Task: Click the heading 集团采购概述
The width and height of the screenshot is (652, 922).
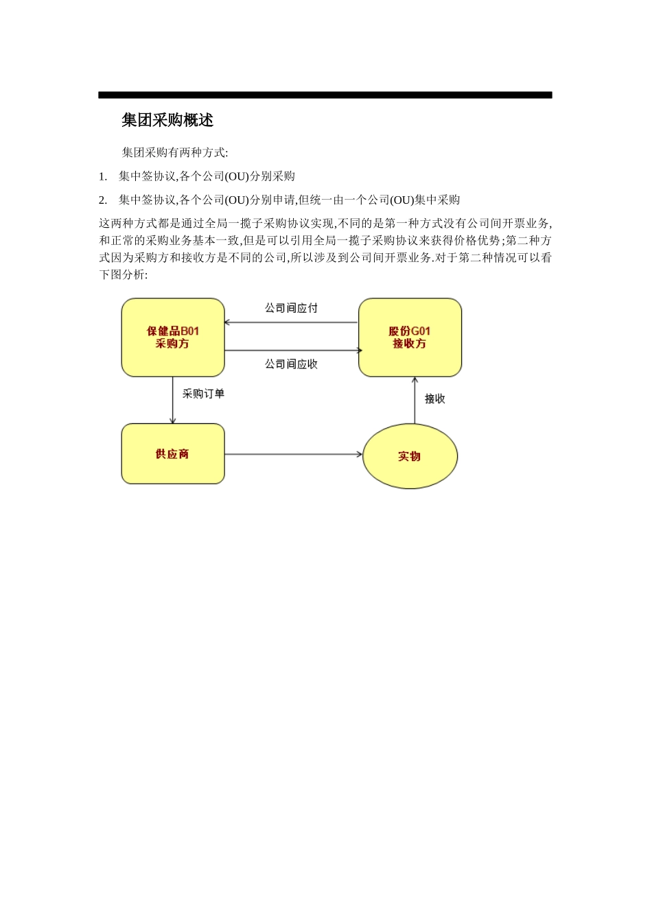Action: point(167,120)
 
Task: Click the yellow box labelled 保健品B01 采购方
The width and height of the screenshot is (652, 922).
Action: point(173,338)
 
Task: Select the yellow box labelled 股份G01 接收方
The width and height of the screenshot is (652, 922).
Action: point(410,338)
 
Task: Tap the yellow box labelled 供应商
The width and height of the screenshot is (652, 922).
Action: point(173,454)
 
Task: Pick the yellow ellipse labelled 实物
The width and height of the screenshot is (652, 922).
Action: point(410,456)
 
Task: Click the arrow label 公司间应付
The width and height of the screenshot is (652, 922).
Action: point(291,308)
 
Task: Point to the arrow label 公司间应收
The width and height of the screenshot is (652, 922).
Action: point(291,364)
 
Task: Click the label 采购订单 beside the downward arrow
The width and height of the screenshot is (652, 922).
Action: point(203,394)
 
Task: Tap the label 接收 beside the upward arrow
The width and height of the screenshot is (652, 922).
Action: point(434,399)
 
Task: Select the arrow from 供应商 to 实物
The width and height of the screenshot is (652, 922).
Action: point(293,454)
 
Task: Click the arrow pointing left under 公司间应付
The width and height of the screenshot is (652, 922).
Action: point(291,322)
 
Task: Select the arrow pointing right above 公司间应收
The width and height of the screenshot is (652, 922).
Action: point(291,351)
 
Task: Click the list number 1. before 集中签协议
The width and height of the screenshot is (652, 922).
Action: point(103,176)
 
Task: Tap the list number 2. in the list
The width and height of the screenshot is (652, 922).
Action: point(103,200)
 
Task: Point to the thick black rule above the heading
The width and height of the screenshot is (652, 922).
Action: point(325,95)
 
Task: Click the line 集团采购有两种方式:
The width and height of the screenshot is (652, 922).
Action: point(175,152)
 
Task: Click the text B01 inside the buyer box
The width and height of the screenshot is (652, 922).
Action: point(189,331)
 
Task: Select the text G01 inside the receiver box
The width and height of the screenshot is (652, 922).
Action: point(421,331)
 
